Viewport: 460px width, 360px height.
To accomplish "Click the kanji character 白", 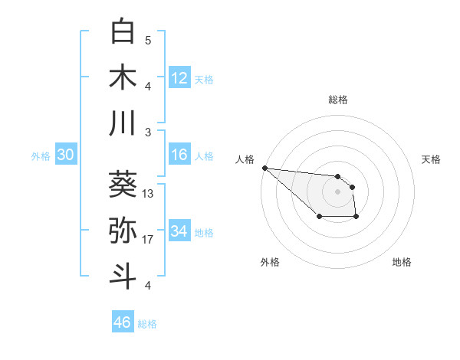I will tap(123, 31).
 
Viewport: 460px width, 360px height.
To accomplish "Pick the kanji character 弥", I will tap(123, 230).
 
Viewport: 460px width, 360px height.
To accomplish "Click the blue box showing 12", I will tap(179, 77).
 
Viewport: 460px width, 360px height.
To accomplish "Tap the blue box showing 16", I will tap(179, 155).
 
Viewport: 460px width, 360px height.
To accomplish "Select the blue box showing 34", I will tap(179, 231).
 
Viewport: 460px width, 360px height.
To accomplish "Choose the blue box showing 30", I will tap(65, 155).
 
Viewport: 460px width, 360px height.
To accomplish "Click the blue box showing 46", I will tap(122, 322).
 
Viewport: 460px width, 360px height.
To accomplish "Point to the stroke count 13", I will tap(149, 194).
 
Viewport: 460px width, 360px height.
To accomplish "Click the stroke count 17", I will tap(149, 240).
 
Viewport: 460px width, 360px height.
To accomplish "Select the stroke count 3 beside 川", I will tap(148, 133).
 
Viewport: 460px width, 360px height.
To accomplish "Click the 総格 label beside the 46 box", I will tap(147, 324).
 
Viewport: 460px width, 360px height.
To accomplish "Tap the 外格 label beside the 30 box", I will tap(41, 156).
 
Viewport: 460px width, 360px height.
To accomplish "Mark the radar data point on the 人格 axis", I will tap(264, 168).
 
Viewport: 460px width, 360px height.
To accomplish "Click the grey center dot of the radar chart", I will tap(337, 191).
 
